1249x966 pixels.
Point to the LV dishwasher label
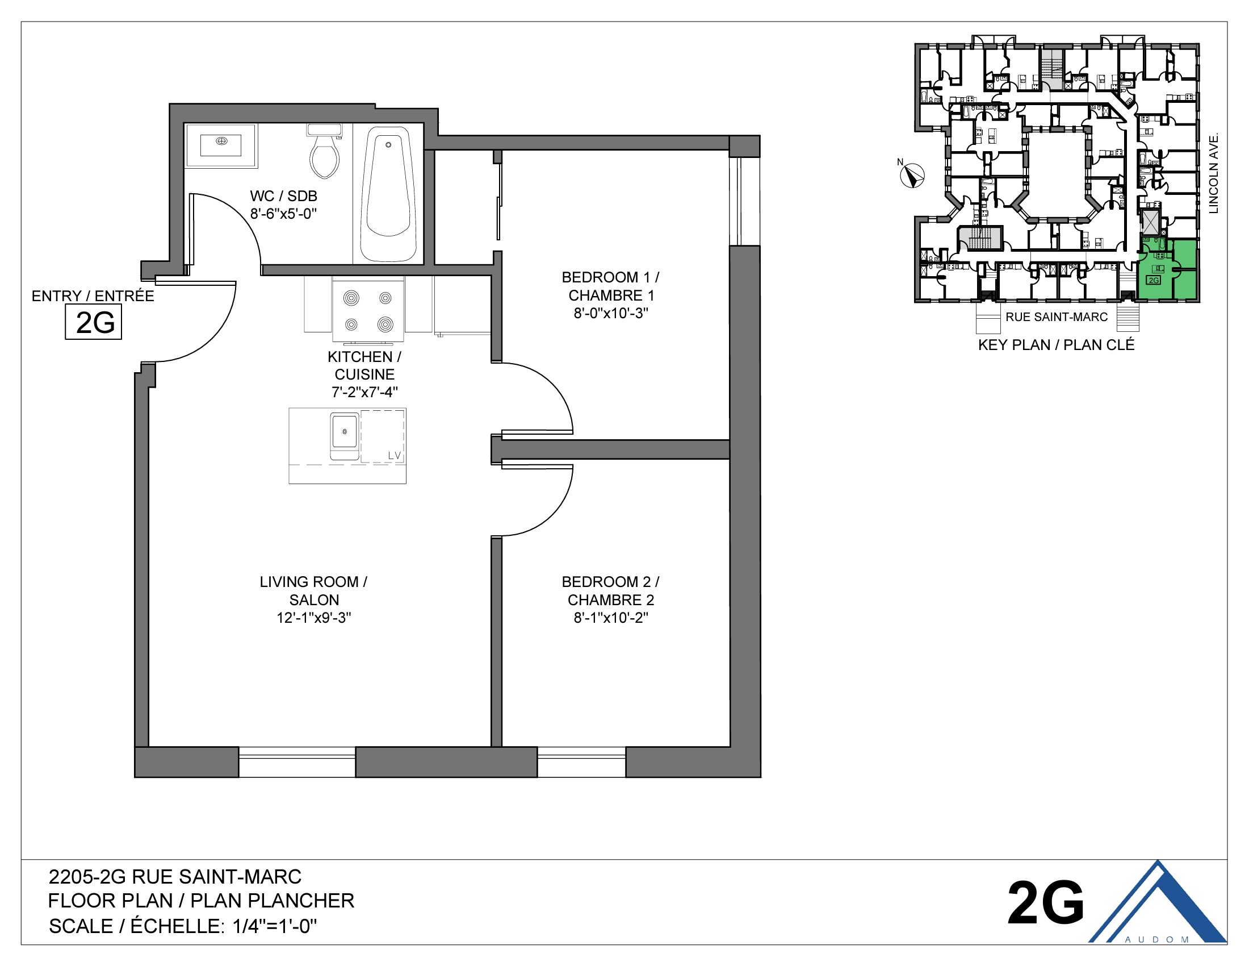pos(395,456)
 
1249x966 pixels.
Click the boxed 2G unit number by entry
pos(94,322)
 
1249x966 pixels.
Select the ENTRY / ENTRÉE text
pos(93,296)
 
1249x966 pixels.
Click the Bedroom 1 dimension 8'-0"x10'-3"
pos(611,313)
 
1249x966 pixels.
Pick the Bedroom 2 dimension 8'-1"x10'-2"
pos(611,618)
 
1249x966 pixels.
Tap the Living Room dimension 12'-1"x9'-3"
pos(313,618)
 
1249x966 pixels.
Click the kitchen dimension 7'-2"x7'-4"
pos(364,392)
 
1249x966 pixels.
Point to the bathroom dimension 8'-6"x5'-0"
pos(283,214)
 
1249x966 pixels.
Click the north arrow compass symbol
pos(912,176)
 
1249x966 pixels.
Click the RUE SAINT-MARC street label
pos(1057,317)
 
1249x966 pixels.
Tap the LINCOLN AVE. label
pos(1214,173)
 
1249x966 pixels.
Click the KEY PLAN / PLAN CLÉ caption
pos(1056,345)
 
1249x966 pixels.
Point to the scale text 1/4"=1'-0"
pos(275,926)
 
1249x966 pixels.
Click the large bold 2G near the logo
pos(1045,903)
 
